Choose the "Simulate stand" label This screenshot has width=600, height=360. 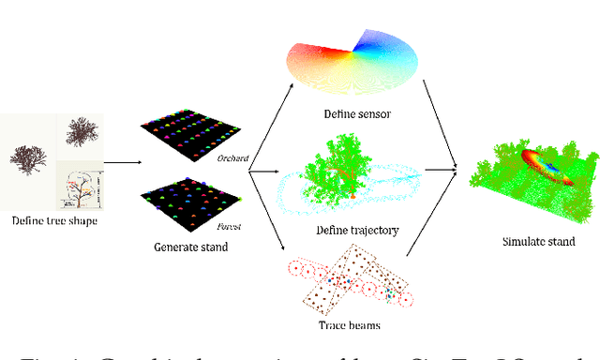pos(535,241)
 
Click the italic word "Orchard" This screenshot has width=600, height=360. pos(233,158)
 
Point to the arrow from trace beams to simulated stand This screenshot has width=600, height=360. pos(437,217)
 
